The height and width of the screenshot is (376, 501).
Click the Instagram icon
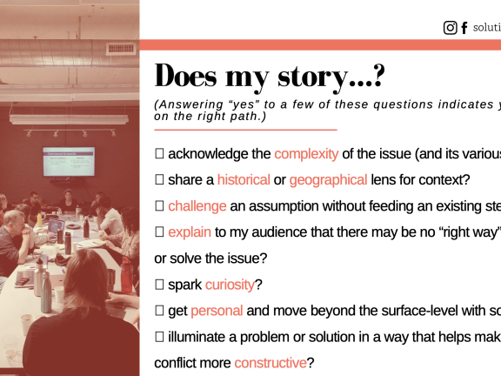coord(450,28)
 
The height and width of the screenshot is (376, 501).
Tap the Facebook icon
coord(464,28)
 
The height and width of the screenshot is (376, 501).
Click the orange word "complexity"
coord(306,154)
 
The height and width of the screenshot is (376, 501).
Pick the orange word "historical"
coord(244,180)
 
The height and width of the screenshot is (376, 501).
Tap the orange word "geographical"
coord(328,180)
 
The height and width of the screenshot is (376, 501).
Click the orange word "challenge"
coord(197,206)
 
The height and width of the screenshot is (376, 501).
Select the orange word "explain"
coord(190,232)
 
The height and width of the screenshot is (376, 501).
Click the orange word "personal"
coord(217,311)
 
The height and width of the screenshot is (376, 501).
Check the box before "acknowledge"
coord(159,154)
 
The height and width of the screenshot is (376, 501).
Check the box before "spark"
coord(159,285)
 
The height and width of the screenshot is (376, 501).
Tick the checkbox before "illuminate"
coord(159,337)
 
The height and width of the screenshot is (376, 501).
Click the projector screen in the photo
coord(69,162)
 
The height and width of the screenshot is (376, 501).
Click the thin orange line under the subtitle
coord(244,130)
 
